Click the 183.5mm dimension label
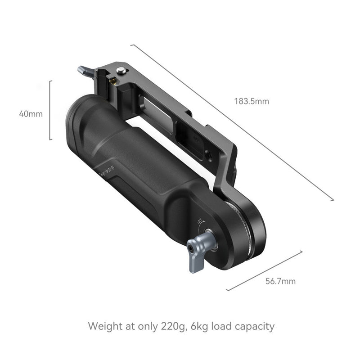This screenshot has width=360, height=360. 251,101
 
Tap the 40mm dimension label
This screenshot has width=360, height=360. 31,114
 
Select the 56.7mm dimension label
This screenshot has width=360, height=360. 280,282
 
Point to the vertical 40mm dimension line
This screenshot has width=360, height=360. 50,110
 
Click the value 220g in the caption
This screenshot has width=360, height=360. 172,326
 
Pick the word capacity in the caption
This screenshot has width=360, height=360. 255,326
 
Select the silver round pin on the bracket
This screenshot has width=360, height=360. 120,70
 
